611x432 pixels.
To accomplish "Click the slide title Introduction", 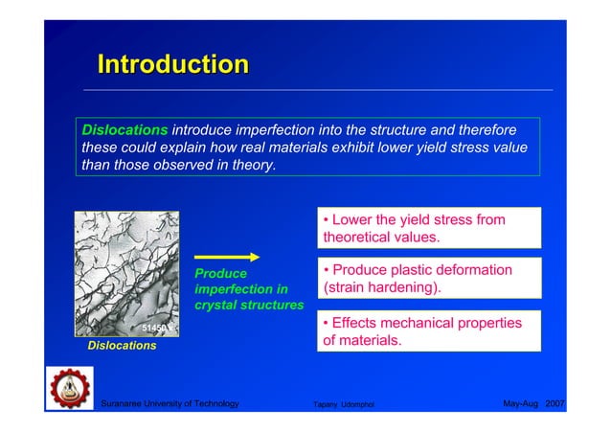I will click(x=172, y=65).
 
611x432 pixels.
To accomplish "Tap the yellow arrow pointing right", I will click(x=227, y=257).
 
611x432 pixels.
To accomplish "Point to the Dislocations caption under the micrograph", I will click(x=122, y=346).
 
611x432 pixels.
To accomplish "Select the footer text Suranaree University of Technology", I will click(x=170, y=404).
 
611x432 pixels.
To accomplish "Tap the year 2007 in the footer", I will click(x=554, y=404).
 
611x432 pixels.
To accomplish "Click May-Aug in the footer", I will click(x=519, y=404).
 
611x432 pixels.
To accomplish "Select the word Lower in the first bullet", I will click(x=355, y=219).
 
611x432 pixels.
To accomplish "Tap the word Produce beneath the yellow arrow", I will click(x=220, y=274).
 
